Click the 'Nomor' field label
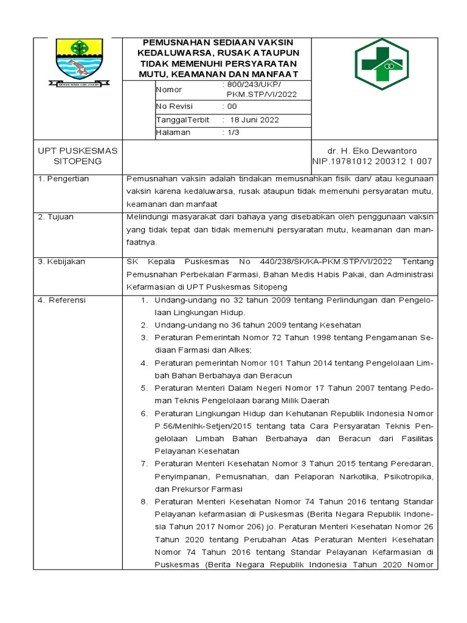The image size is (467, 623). tap(169, 90)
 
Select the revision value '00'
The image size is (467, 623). tap(232, 106)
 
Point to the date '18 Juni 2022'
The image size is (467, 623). tap(254, 119)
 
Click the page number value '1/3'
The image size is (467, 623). tap(233, 132)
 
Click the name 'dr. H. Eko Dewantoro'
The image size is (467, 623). tap(373, 150)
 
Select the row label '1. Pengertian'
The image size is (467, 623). tap(63, 178)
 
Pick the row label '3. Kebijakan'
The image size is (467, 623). tap(61, 261)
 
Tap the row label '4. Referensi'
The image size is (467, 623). tap(62, 300)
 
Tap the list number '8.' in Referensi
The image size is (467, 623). tap(145, 502)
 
